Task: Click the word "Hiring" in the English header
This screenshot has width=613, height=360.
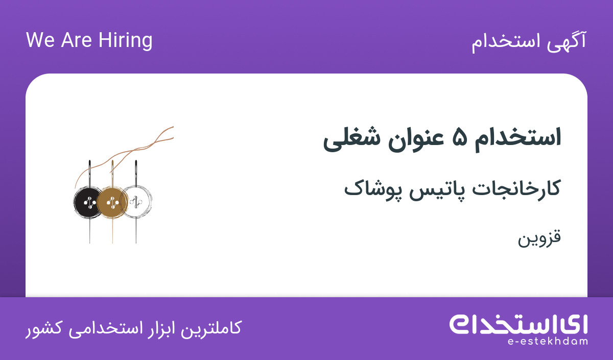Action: point(125,41)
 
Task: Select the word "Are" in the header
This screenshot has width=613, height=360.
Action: point(76,40)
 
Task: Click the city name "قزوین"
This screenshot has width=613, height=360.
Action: point(539,238)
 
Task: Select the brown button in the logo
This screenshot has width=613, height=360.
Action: point(112,202)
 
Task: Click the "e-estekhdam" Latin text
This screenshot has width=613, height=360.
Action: point(547,342)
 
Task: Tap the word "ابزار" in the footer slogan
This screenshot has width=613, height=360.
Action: point(159,328)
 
